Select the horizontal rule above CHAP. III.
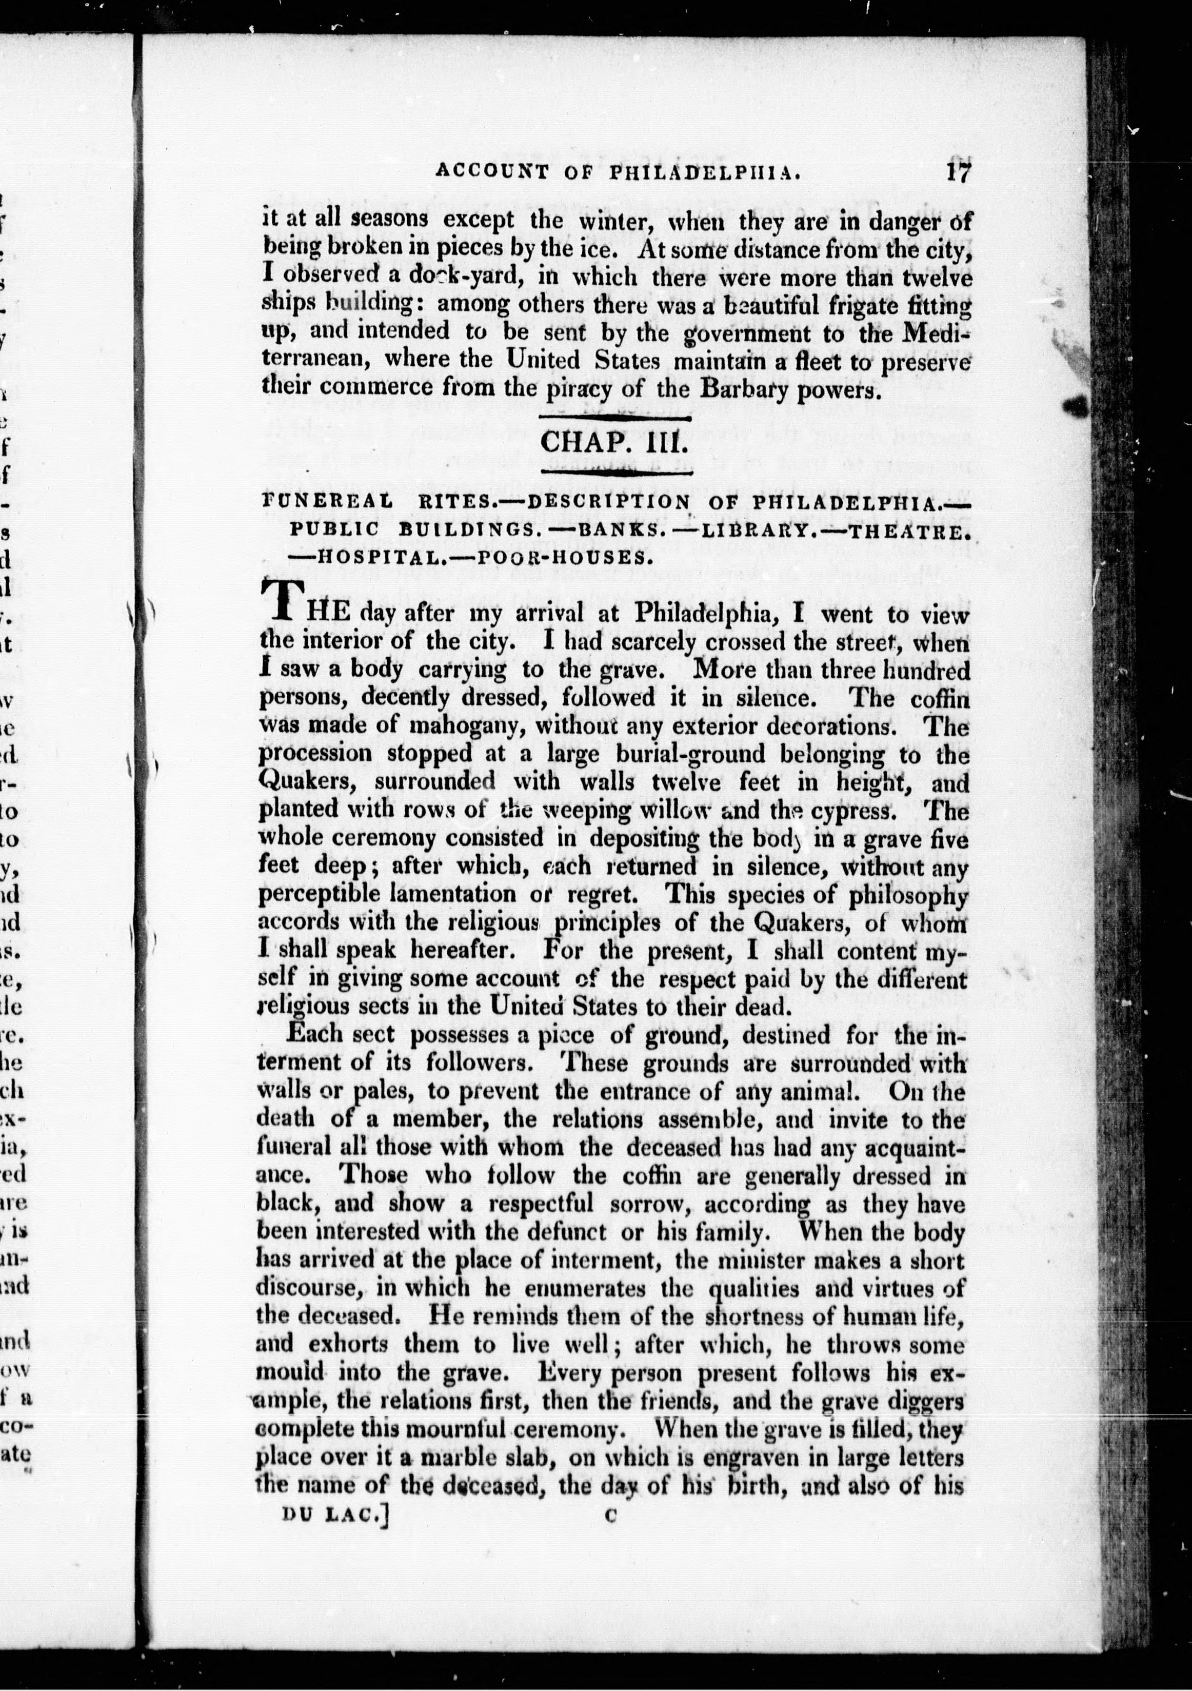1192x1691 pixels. [615, 420]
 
